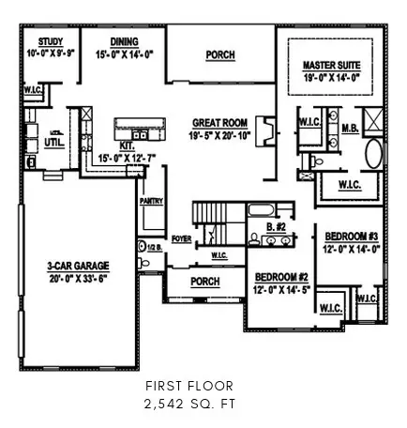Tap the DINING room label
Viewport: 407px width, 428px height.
pos(124,41)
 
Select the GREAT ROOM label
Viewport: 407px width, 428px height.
pos(219,123)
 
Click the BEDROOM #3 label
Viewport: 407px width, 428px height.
pos(352,236)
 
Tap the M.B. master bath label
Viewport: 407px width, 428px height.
pos(349,128)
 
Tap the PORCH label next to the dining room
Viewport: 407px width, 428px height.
pos(219,55)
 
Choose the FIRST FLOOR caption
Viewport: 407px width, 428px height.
pos(203,386)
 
